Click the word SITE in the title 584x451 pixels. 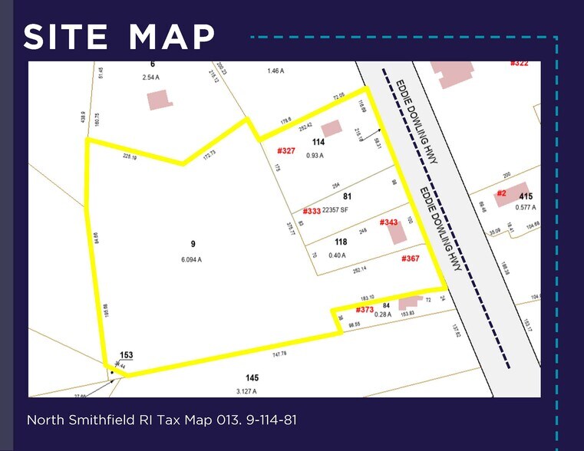68,37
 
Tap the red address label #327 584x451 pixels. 285,150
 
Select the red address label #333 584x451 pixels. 311,211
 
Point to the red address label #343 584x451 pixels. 389,222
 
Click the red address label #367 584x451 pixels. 411,258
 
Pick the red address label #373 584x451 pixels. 365,310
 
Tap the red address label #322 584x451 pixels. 520,64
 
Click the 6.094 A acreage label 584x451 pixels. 192,259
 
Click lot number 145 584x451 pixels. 252,377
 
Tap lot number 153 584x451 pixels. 126,355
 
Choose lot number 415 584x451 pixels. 526,196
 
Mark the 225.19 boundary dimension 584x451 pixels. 129,157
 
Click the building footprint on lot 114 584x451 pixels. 331,128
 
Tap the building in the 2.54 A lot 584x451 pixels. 158,100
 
